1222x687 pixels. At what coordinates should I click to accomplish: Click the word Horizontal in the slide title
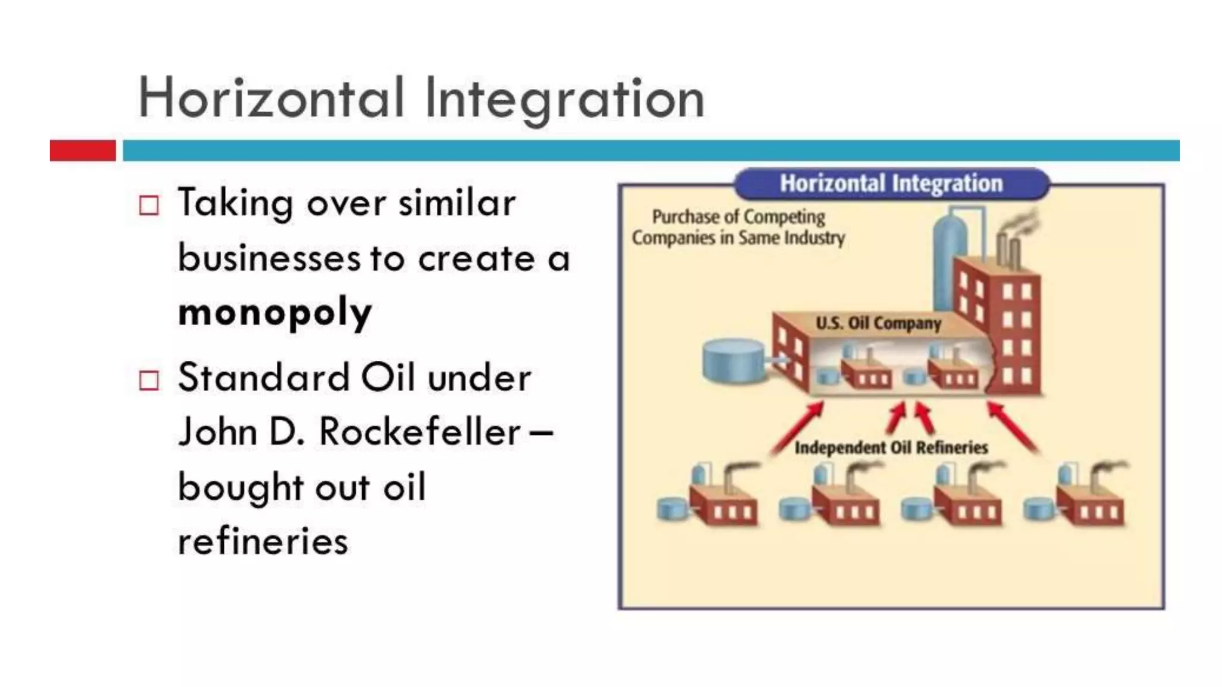(271, 98)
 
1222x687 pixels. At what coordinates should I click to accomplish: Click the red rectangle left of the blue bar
(82, 150)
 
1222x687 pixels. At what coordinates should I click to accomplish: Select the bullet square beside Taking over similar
(149, 206)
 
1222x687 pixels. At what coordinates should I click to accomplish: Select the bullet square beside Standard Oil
(149, 380)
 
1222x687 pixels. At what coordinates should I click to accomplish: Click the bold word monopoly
(275, 312)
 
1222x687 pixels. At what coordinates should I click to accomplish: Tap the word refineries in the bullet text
(263, 541)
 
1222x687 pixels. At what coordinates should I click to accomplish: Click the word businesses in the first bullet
(269, 258)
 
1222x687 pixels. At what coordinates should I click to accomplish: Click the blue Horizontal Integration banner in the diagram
(891, 184)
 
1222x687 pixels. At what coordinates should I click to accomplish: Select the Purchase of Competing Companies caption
(738, 227)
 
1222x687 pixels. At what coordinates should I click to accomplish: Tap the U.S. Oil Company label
(878, 323)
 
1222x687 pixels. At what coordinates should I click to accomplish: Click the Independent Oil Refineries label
(891, 447)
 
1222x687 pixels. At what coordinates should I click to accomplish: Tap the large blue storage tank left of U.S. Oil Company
(733, 360)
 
